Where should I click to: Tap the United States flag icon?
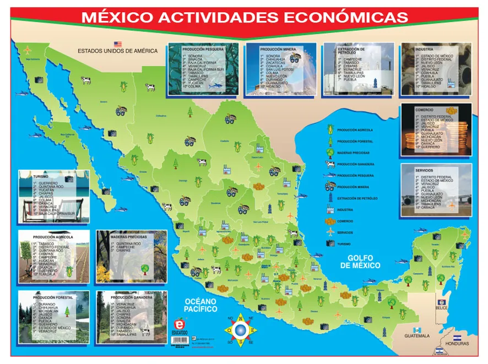[x=117, y=44]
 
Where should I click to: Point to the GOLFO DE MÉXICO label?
[x=360, y=261]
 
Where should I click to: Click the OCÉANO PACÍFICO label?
[x=200, y=305]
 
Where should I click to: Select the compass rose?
[x=240, y=329]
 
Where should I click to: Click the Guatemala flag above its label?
[x=416, y=329]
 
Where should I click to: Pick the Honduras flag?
[x=457, y=336]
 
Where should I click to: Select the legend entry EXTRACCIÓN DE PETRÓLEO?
[x=356, y=198]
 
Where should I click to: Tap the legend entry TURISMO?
[x=345, y=243]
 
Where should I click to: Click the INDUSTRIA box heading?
[x=424, y=49]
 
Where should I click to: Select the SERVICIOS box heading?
[x=426, y=170]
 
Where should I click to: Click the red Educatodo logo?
[x=180, y=324]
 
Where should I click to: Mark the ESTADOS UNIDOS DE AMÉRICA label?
[x=117, y=51]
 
